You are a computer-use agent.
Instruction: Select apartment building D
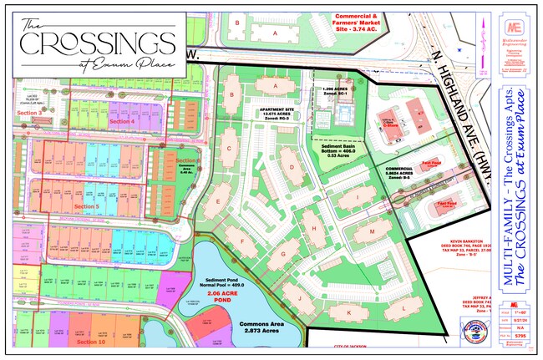coord(292,165)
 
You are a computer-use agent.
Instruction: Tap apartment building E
coord(217,201)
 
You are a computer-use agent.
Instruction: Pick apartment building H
coord(312,226)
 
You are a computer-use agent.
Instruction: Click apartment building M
coord(371,229)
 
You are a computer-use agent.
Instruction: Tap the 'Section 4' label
coord(121,122)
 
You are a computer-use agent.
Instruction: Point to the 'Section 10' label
coord(90,342)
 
